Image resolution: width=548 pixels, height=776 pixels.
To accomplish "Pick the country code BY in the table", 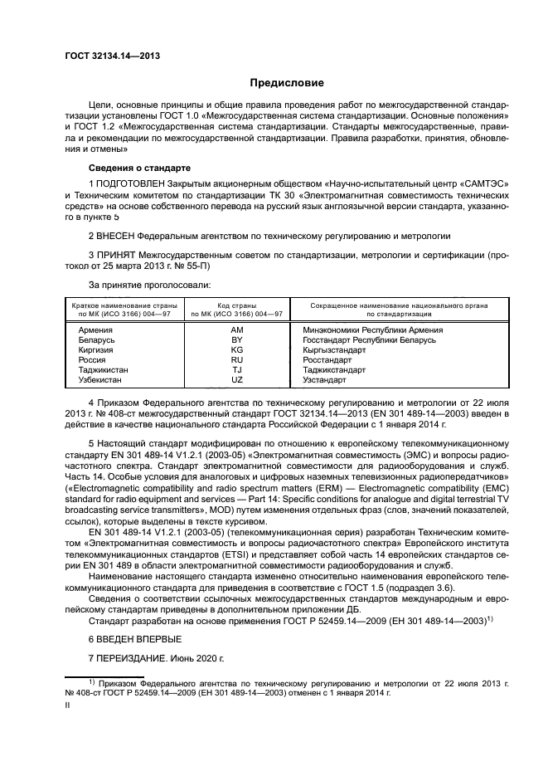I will click(x=237, y=339).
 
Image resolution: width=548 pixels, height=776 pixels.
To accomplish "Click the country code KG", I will click(x=237, y=349).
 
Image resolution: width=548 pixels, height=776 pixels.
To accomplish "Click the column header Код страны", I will click(x=237, y=306).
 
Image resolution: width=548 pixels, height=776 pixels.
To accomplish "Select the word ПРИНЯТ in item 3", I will click(x=119, y=257).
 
